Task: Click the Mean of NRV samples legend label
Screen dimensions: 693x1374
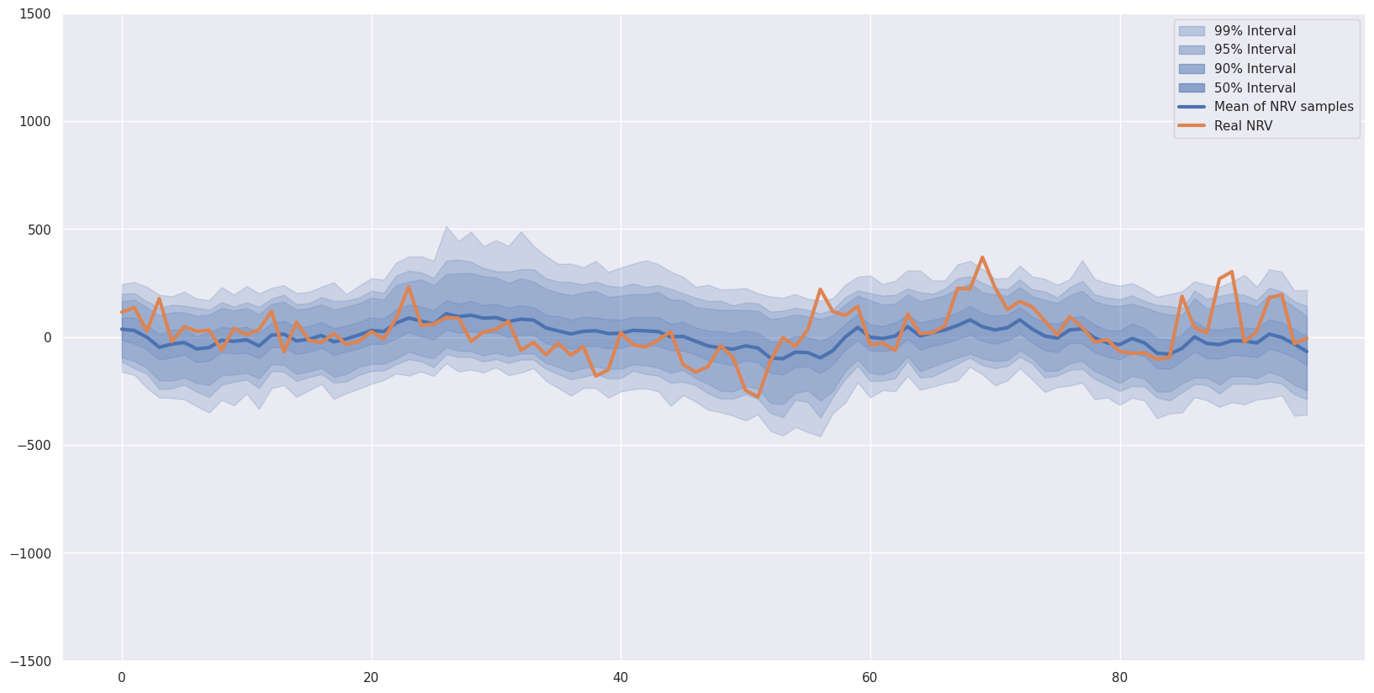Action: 1283,107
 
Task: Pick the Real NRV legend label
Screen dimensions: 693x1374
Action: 1243,126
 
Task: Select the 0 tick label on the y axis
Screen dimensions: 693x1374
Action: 47,338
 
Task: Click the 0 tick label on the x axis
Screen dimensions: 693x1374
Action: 122,678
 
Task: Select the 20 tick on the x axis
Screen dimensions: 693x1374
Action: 371,678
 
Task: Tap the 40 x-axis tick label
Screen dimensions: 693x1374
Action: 621,678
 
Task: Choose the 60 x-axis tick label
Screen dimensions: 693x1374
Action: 869,678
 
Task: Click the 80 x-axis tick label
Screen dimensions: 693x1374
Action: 1119,678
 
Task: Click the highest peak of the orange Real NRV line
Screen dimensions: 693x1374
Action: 982,257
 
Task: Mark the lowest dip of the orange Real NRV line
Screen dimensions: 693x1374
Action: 758,397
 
